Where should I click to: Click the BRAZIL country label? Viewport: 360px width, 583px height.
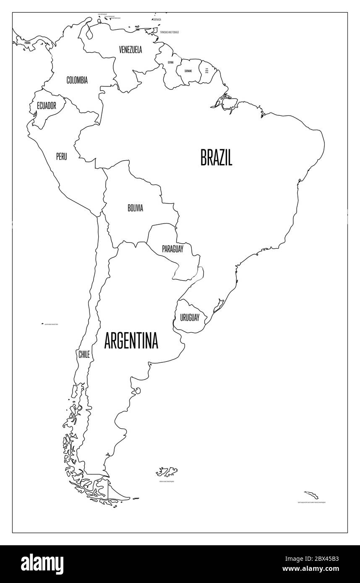tap(216, 158)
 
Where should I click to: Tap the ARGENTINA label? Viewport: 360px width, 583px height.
tap(131, 341)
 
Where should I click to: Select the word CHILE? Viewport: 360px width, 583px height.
tap(84, 354)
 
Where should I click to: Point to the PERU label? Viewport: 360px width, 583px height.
tap(61, 156)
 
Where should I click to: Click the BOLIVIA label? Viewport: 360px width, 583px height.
tap(136, 208)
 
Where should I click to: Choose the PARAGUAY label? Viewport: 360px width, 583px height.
tap(173, 249)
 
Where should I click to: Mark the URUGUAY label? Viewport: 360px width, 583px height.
tap(190, 318)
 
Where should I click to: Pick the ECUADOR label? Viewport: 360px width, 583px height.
tap(46, 106)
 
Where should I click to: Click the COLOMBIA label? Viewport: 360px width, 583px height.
tap(77, 80)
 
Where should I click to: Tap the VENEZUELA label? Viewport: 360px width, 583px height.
tap(130, 50)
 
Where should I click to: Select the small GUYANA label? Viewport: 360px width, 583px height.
tap(170, 62)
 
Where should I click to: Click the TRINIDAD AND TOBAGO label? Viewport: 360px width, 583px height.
tap(166, 32)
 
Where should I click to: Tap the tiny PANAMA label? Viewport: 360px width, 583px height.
tap(28, 42)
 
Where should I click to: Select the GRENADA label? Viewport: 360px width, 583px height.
tap(157, 19)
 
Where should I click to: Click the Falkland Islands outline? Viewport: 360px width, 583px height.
tap(167, 471)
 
